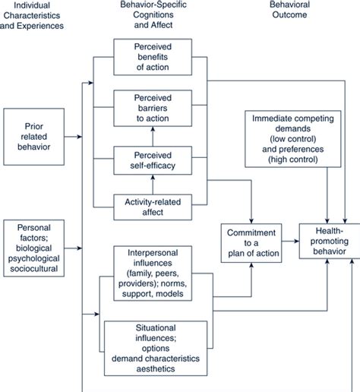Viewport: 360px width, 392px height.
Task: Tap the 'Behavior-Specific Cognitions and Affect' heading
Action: click(153, 17)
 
